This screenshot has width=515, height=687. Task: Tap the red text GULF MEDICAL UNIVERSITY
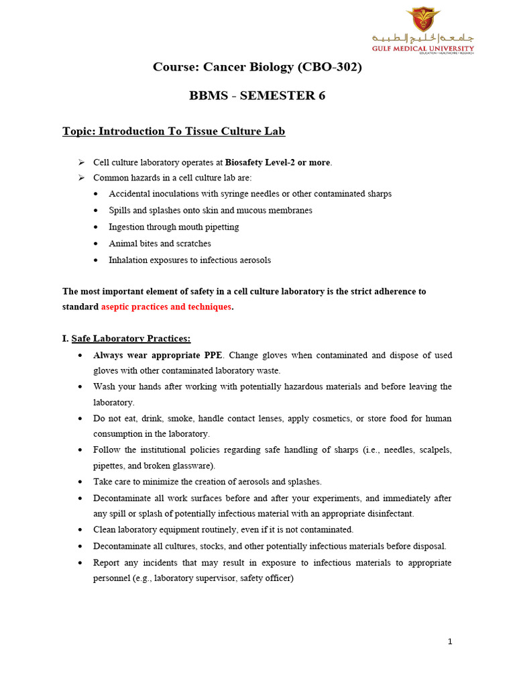tap(423, 48)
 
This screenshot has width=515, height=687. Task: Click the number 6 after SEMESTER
tap(321, 95)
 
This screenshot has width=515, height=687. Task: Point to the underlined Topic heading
tap(174, 131)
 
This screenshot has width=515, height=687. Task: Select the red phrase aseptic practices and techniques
tap(166, 307)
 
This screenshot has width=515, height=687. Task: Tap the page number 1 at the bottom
tap(450, 641)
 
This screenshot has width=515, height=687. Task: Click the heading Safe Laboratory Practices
tap(131, 338)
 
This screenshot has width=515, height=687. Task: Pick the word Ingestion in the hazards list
tap(127, 227)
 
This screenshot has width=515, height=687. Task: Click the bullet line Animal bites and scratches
tap(160, 244)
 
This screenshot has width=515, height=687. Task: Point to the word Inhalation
tap(129, 260)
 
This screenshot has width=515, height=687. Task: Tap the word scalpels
tap(435, 450)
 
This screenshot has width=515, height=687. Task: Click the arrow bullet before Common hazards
tap(81, 178)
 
